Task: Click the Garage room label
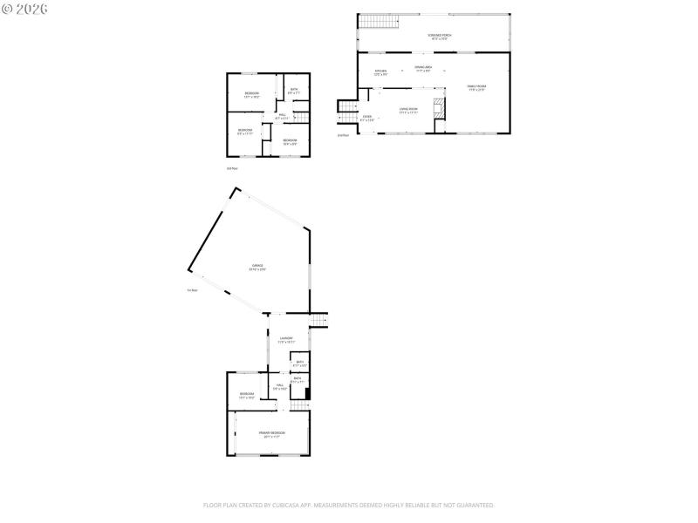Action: pyautogui.click(x=257, y=268)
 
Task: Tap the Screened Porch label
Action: pyautogui.click(x=439, y=37)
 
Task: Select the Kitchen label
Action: pyautogui.click(x=380, y=72)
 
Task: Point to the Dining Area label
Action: pyautogui.click(x=422, y=70)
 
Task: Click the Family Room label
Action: pyautogui.click(x=476, y=87)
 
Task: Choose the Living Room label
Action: pyautogui.click(x=408, y=111)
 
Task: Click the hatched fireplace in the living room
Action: pyautogui.click(x=441, y=108)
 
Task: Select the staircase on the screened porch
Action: pyautogui.click(x=374, y=21)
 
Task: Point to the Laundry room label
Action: pyautogui.click(x=286, y=340)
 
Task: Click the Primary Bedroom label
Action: pyautogui.click(x=271, y=434)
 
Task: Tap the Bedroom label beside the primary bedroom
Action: pyautogui.click(x=247, y=395)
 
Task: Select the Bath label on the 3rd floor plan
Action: pyautogui.click(x=294, y=90)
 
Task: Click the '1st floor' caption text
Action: pyautogui.click(x=192, y=290)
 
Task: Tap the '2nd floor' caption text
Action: pyautogui.click(x=343, y=135)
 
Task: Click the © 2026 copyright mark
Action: pyautogui.click(x=25, y=9)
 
